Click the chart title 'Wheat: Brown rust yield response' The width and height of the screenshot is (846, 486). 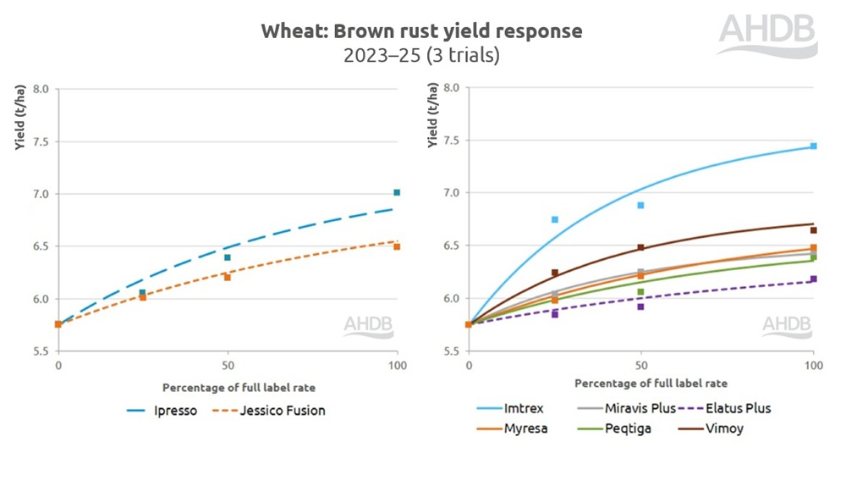pyautogui.click(x=421, y=31)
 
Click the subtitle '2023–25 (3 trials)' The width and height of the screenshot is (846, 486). pyautogui.click(x=421, y=56)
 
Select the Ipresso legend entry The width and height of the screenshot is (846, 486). pyautogui.click(x=163, y=411)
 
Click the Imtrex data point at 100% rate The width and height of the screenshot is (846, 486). pyautogui.click(x=813, y=146)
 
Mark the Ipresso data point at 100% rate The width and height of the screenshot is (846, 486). pyautogui.click(x=397, y=193)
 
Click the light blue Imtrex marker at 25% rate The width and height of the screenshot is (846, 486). pyautogui.click(x=555, y=220)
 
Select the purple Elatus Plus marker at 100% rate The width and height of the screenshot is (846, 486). pyautogui.click(x=813, y=279)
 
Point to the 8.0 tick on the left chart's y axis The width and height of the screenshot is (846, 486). pyautogui.click(x=41, y=89)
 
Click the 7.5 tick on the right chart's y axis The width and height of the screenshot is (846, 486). pyautogui.click(x=452, y=141)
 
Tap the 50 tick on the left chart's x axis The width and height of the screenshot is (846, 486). pyautogui.click(x=227, y=366)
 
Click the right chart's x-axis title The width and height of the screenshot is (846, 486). pyautogui.click(x=640, y=384)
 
